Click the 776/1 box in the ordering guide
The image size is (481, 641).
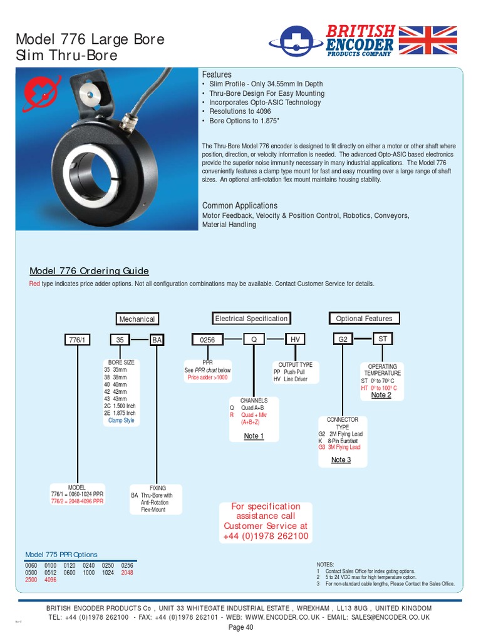78,340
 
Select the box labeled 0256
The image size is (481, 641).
207,340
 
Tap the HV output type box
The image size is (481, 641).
296,339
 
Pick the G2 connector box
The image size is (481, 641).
343,339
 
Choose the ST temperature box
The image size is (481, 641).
383,339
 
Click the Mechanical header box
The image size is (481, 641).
137,319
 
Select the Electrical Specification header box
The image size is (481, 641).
251,319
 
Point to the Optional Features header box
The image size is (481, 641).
364,319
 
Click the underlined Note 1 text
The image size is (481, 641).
254,436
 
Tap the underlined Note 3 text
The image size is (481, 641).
341,460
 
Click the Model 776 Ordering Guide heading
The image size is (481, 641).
89,271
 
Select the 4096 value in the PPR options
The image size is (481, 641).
50,580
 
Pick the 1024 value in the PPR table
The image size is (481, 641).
107,573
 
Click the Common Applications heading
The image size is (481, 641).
239,205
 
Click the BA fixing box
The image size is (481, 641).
157,340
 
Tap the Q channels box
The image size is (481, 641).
254,339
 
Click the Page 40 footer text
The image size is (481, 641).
240,627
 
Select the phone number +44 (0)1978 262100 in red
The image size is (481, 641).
266,536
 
